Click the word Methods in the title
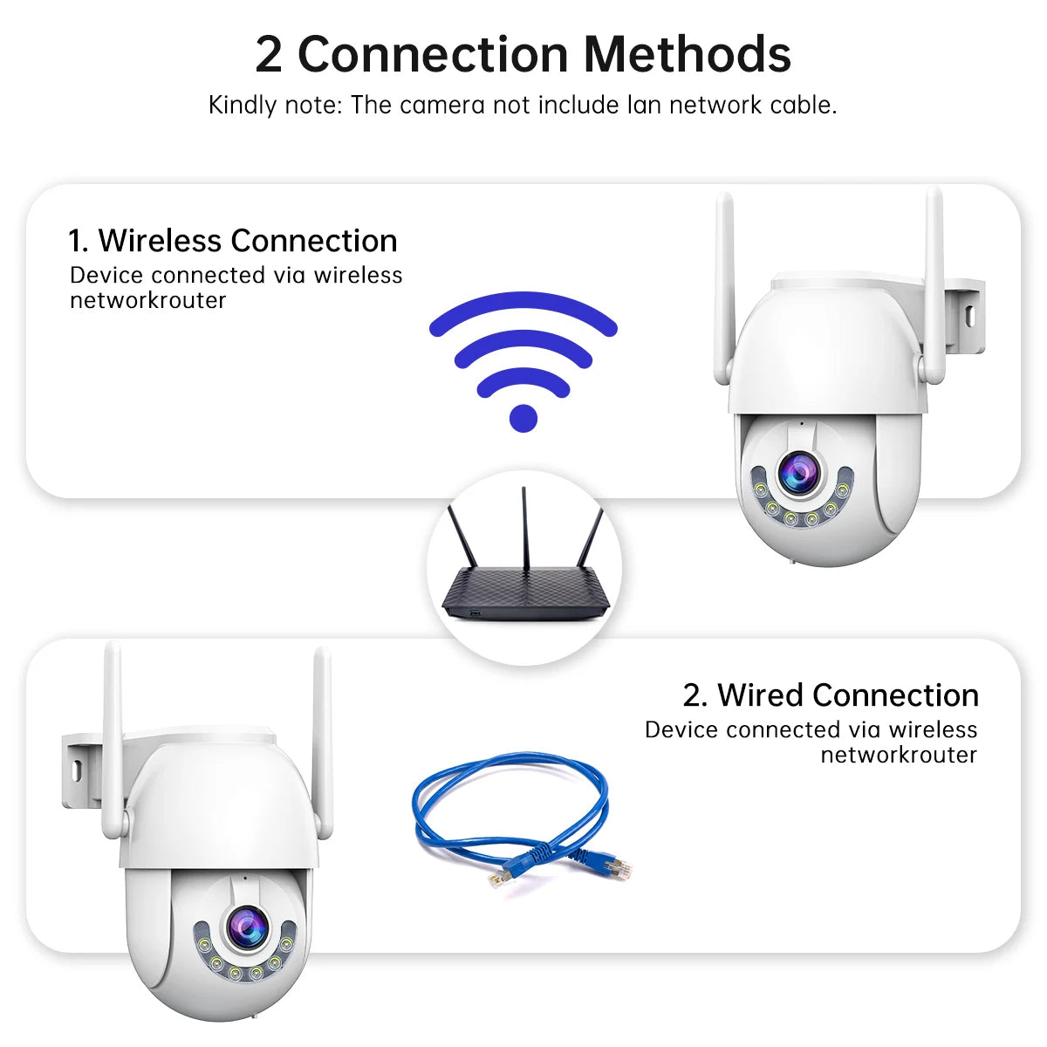687,54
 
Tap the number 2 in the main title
269,54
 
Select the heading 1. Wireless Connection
233,240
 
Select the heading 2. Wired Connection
830,695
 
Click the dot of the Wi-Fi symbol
523,417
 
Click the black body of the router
523,593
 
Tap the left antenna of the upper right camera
723,288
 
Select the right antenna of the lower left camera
322,742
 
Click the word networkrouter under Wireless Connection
148,300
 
